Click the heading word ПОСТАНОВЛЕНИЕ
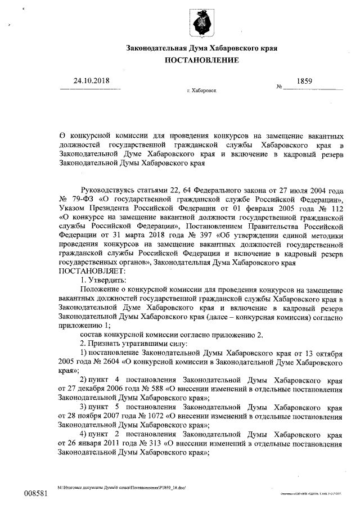[201, 60]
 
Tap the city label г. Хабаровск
[201, 90]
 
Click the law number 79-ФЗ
[82, 199]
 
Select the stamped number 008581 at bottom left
[35, 493]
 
